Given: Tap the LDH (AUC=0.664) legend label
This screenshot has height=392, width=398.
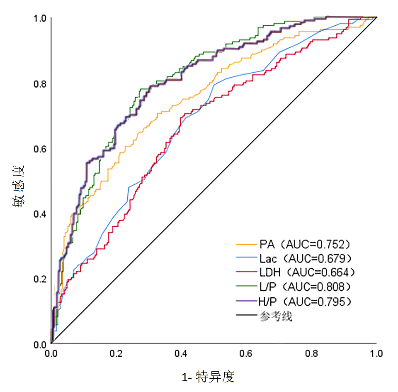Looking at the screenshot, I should click(307, 273).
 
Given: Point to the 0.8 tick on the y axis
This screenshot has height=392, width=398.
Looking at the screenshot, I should click(40, 83).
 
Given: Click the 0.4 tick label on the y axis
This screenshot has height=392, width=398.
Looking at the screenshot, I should click(40, 214).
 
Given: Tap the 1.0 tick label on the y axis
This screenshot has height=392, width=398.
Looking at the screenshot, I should click(40, 18).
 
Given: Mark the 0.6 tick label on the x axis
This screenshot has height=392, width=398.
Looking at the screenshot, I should click(246, 353).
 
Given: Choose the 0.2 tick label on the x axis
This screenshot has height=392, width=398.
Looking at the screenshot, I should click(116, 353).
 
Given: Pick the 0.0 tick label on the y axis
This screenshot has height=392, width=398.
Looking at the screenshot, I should click(40, 344).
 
